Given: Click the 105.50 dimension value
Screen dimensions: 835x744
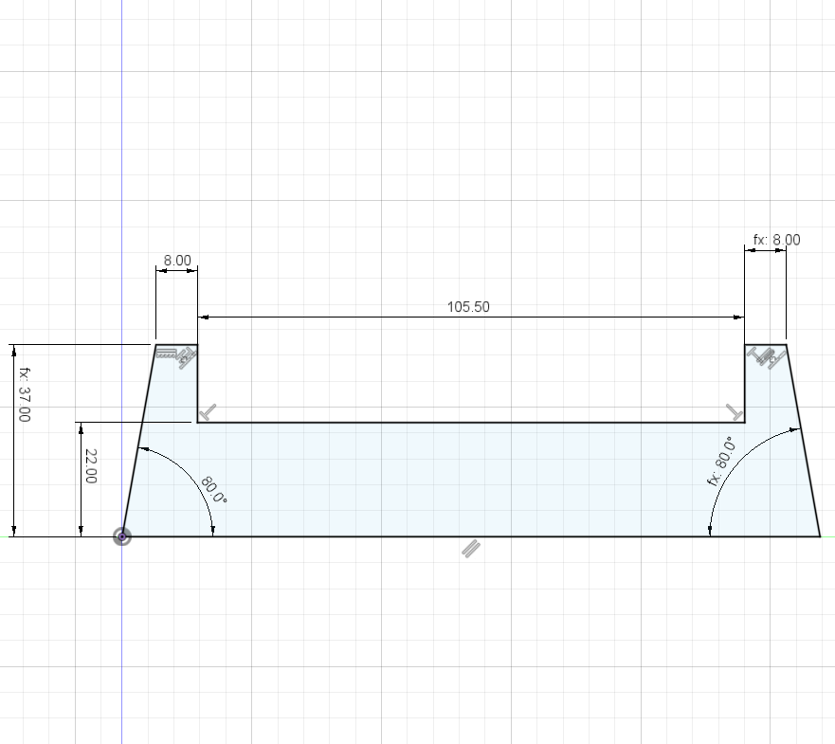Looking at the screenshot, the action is coord(468,307).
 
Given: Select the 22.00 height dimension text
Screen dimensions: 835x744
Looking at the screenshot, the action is coord(91,466).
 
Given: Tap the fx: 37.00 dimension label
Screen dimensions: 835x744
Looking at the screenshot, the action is coord(25,394).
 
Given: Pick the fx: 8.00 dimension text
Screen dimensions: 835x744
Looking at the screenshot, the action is coord(776,240).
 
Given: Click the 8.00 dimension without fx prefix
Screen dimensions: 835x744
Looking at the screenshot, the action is coord(177,261).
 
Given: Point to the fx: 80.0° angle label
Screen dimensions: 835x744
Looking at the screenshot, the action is coord(722,462).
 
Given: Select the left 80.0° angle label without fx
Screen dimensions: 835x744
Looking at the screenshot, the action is coord(214,490).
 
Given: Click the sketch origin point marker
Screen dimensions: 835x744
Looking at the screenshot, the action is coord(122,536).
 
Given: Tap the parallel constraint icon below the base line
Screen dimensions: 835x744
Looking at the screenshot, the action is coord(471,549).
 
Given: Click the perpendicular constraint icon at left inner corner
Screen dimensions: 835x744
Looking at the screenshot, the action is coord(208,412).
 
